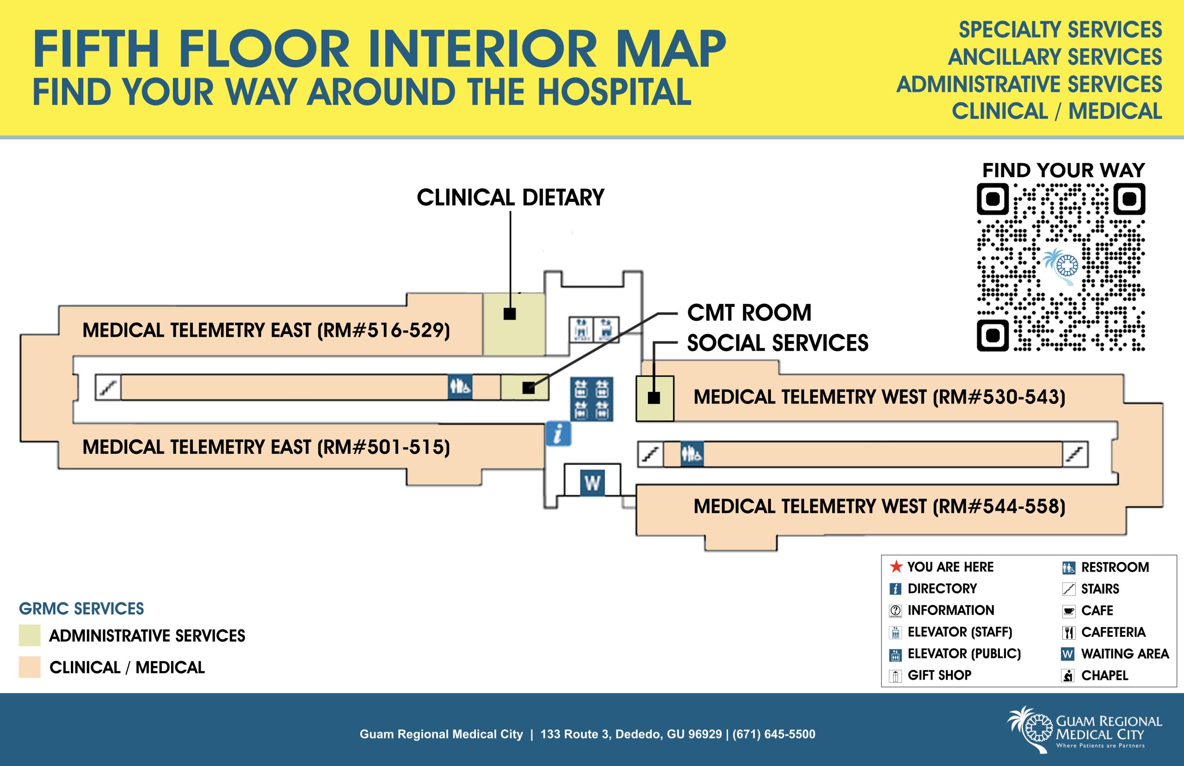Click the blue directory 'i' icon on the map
point(558,433)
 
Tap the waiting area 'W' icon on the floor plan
point(592,482)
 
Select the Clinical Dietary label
point(510,198)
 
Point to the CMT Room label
point(749,313)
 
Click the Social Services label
point(777,343)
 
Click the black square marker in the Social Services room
point(654,398)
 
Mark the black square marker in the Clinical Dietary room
point(510,314)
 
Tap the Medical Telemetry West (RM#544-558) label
point(879,507)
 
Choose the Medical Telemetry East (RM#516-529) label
point(266,330)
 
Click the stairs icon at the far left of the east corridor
point(108,388)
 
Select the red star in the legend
point(895,567)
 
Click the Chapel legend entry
point(1104,675)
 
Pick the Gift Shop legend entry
point(939,675)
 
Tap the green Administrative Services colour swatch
point(29,636)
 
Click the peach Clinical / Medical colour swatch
point(29,667)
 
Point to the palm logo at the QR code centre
point(1061,266)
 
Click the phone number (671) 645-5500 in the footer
point(773,734)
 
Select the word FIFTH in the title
point(95,50)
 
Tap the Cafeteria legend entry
point(1113,632)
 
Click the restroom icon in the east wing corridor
point(460,387)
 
